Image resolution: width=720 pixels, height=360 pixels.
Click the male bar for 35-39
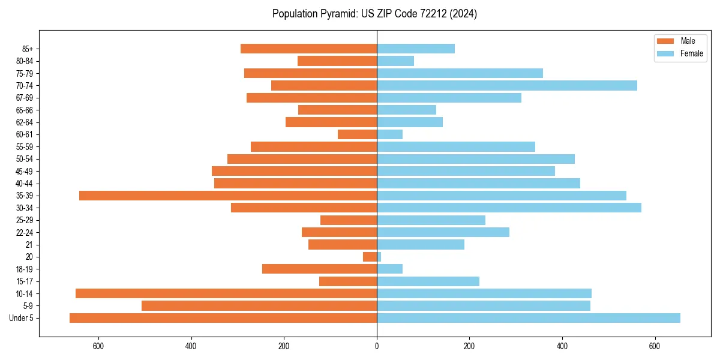coord(228,196)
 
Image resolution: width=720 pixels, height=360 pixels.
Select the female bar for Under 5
coord(528,318)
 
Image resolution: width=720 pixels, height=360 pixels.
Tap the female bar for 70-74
coord(507,86)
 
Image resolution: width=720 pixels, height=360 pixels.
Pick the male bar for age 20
coord(370,257)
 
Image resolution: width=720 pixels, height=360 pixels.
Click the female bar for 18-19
coord(389,269)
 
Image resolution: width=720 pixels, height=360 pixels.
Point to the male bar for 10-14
coord(226,293)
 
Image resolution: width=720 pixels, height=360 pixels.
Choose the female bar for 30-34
coord(509,208)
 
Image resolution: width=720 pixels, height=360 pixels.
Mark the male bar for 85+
coord(308,49)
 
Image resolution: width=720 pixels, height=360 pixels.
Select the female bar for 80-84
coord(395,61)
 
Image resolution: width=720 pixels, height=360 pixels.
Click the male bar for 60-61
coord(357,134)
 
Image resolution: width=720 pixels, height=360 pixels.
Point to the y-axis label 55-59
coord(25,147)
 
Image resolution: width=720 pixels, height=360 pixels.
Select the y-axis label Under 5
coord(22,318)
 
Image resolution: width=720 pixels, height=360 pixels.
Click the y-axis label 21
coord(29,245)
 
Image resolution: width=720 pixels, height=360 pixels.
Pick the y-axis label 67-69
coord(25,98)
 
